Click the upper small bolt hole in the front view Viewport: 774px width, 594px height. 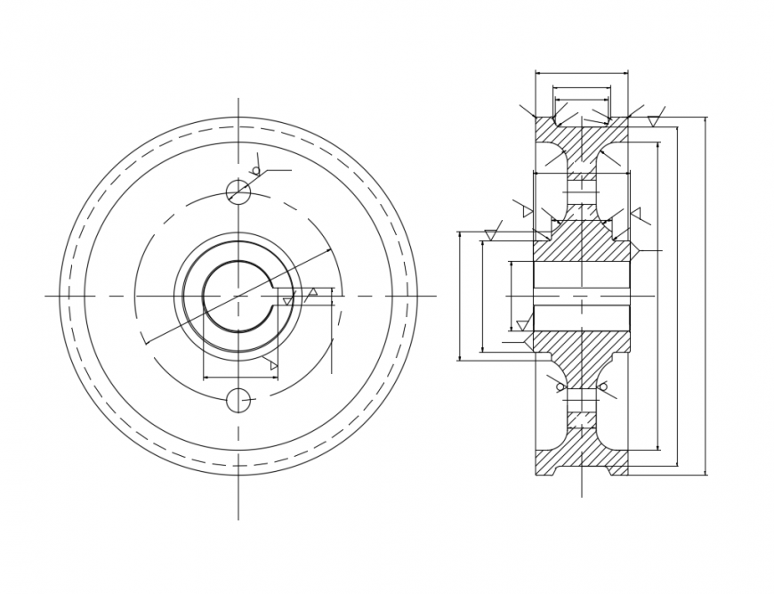238,191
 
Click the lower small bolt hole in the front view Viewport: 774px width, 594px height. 238,401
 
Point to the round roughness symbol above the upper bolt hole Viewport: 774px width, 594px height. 256,170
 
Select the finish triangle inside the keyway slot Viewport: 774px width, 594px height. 287,302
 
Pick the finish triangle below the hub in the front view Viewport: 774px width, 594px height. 273,365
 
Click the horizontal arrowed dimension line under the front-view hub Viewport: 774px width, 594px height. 240,378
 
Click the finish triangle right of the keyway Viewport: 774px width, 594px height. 312,292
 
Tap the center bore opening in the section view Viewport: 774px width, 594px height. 581,295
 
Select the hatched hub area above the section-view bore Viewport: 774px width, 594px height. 581,241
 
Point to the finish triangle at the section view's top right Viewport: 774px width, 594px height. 655,120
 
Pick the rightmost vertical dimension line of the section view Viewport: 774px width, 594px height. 705,295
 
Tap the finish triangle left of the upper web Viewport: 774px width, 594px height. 528,212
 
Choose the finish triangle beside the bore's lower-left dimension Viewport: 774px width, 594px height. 522,325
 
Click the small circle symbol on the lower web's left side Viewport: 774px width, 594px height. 560,387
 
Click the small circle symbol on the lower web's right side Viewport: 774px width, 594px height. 603,387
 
